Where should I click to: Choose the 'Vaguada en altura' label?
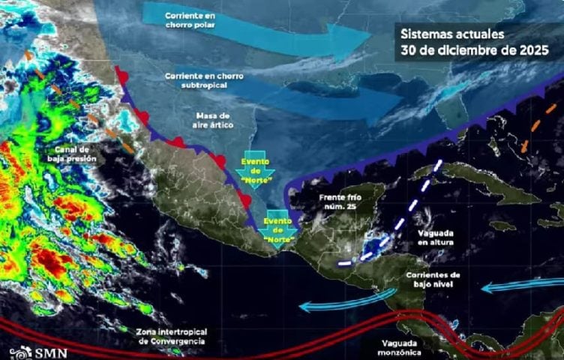click(435, 238)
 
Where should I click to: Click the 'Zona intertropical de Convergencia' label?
click(172, 336)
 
